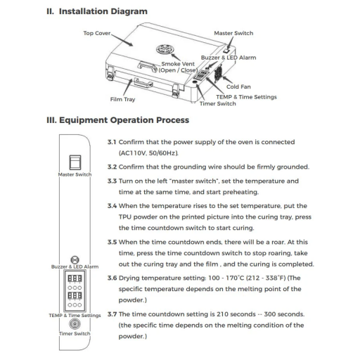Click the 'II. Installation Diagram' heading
tap(97, 11)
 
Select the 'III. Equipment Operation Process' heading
tap(118, 120)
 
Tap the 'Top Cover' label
tap(97, 33)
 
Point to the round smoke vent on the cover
tap(165, 49)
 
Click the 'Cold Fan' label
tap(238, 86)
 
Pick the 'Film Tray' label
tap(122, 99)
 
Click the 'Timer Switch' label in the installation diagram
tap(218, 103)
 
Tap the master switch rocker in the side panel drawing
tap(75, 162)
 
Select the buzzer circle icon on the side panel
tap(75, 259)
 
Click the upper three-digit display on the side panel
tap(75, 278)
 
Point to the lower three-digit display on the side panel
tap(75, 295)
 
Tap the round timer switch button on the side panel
tap(75, 324)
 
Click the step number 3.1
tap(112, 142)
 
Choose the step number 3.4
tap(112, 206)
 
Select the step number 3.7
tap(112, 314)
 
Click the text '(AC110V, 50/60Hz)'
tap(148, 153)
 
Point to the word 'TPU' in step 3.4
tap(125, 217)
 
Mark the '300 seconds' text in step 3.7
tap(284, 314)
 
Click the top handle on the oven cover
tap(147, 66)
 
